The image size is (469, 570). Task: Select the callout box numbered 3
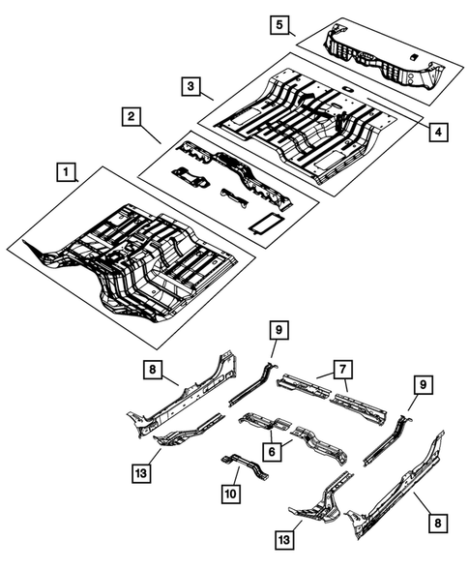(192, 88)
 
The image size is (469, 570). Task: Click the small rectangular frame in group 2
(263, 223)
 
